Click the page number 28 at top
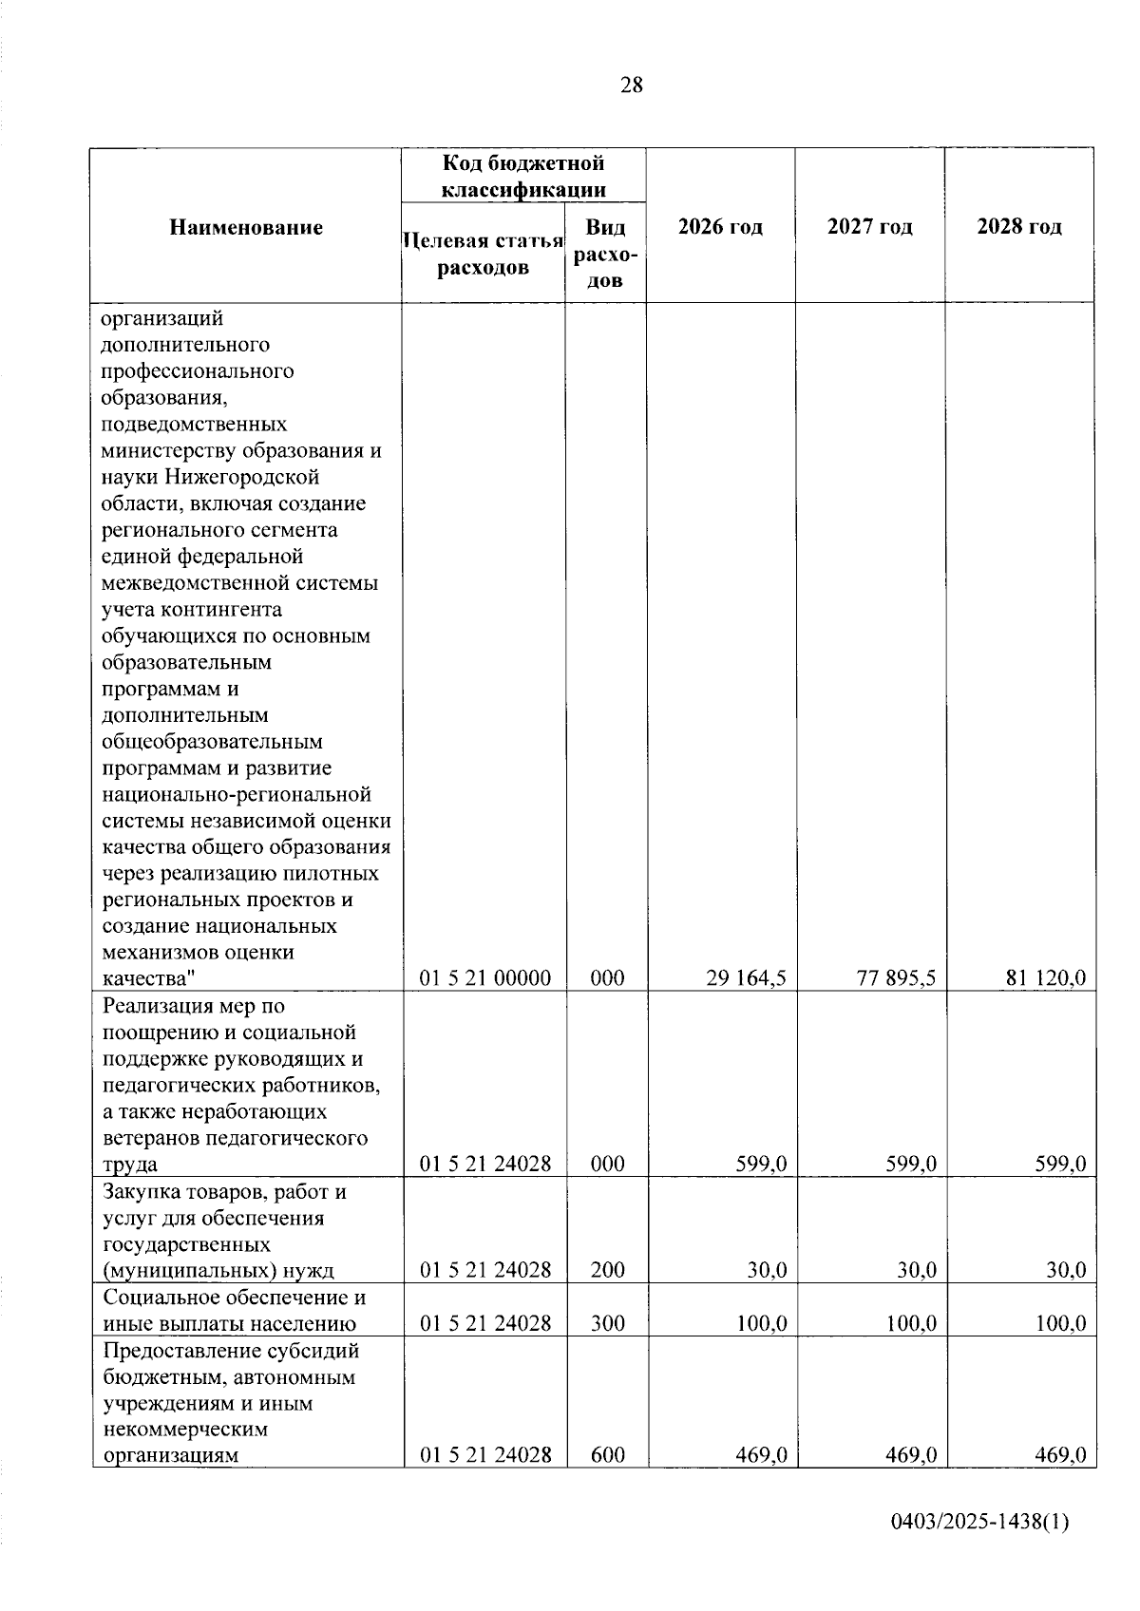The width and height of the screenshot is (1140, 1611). tap(631, 85)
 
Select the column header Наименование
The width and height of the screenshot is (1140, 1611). tap(246, 227)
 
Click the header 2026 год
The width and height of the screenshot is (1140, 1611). tap(720, 227)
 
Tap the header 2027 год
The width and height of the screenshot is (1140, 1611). tap(869, 227)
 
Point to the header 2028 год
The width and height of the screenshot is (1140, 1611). tap(1018, 227)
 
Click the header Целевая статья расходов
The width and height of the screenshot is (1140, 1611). tap(483, 254)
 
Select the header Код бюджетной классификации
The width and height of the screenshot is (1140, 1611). tap(523, 176)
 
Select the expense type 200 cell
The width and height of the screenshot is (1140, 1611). tap(607, 1270)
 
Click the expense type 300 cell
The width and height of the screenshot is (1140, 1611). tap(607, 1323)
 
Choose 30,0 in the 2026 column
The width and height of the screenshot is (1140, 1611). tap(766, 1270)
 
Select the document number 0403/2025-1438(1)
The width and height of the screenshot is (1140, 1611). tap(979, 1549)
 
